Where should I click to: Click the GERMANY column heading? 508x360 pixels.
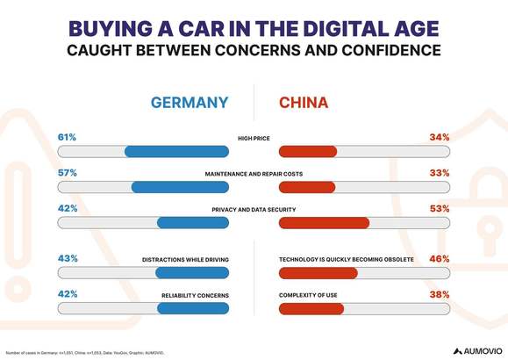click(x=190, y=103)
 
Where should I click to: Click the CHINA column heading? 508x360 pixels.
click(x=304, y=103)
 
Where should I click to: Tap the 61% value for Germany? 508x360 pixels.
click(x=67, y=137)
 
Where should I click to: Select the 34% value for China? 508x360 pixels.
click(x=440, y=137)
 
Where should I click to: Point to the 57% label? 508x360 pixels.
click(x=67, y=173)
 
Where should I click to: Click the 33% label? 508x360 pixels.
click(x=440, y=173)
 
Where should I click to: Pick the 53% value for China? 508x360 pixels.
click(x=440, y=209)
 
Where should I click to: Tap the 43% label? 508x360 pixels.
click(x=67, y=259)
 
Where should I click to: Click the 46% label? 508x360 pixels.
click(x=440, y=259)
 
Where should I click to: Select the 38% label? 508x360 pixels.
click(x=440, y=295)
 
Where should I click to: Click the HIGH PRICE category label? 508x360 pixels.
click(x=254, y=139)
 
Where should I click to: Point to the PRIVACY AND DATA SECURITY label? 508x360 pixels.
click(x=254, y=210)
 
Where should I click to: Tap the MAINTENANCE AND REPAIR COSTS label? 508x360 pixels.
click(x=254, y=174)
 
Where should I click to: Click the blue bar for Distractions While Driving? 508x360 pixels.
click(x=192, y=273)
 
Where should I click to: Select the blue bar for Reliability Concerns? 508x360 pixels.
click(x=193, y=309)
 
